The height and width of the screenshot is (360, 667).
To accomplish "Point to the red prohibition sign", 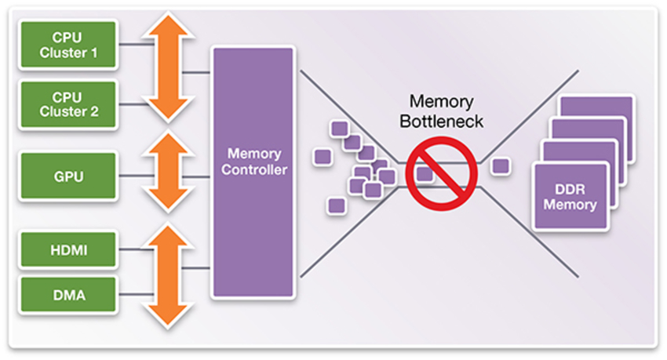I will pos(442,173).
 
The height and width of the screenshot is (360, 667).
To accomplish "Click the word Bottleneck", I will pos(442,122).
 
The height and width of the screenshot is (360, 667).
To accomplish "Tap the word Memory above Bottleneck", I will pos(442,102).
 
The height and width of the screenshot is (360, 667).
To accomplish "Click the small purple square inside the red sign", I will pos(425,173).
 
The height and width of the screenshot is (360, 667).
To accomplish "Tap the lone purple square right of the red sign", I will pos(500,166).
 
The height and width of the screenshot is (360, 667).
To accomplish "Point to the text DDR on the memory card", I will pos(570,189).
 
